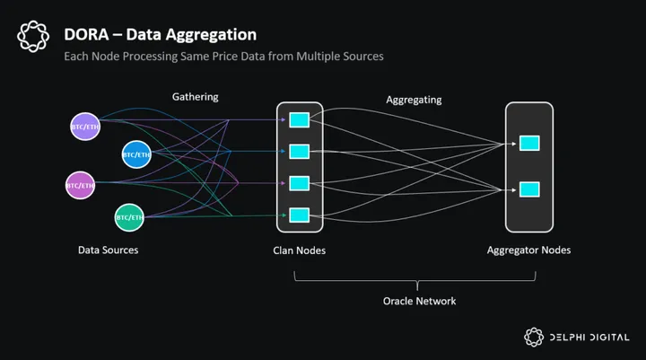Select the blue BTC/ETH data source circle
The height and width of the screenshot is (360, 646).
click(135, 154)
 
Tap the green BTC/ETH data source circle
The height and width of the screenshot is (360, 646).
click(129, 216)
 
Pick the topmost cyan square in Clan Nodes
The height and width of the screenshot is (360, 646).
click(300, 119)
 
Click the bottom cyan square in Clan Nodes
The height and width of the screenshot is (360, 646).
click(300, 215)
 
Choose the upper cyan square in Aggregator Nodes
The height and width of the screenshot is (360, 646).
click(530, 144)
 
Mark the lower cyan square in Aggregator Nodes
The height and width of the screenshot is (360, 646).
click(530, 189)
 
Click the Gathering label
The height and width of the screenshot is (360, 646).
click(195, 96)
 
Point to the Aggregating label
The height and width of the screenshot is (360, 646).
click(414, 100)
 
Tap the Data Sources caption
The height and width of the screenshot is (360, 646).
click(108, 250)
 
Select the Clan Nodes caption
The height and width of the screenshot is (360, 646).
click(299, 250)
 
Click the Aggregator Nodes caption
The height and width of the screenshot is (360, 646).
click(528, 250)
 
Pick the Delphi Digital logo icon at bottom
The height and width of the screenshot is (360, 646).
click(535, 337)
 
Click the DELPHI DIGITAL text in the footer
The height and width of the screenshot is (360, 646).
click(589, 338)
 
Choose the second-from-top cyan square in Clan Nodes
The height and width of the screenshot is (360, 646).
click(300, 151)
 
